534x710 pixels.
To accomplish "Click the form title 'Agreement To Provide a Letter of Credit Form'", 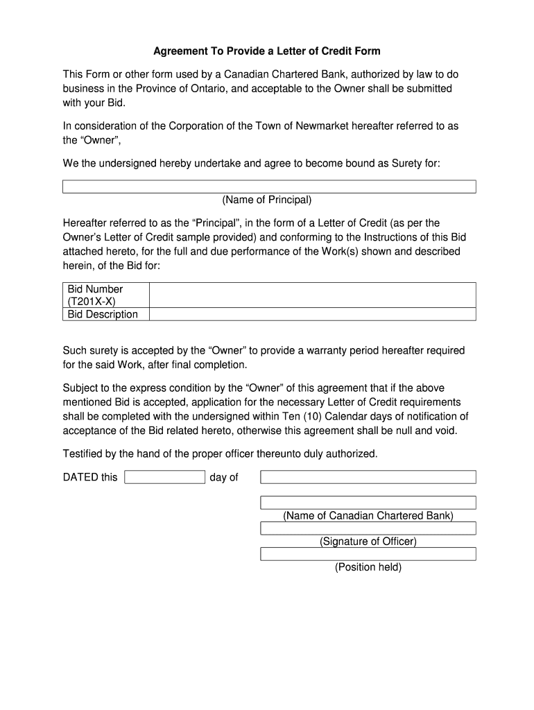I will point(266,51).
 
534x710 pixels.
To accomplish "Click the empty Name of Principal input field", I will point(269,187).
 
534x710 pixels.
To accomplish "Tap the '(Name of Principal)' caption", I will point(267,200).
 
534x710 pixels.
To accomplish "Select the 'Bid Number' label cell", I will point(95,289).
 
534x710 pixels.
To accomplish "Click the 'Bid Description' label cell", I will point(103,314).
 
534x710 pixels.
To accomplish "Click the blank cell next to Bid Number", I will point(312,295).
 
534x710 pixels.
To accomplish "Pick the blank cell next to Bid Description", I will point(312,314).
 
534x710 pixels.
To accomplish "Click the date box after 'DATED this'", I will point(164,477).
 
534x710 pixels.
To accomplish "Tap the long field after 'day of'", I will point(368,477).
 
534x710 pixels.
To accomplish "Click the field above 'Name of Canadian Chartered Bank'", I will point(368,503).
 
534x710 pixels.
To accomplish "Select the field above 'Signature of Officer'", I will point(368,528).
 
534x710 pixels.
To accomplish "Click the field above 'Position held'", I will point(368,554).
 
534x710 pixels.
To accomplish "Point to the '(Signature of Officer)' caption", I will point(368,542).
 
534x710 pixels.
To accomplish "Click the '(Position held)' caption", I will point(368,567).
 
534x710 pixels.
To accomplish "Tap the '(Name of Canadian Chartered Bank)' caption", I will point(368,516).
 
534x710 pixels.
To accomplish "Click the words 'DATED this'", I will point(90,477).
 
